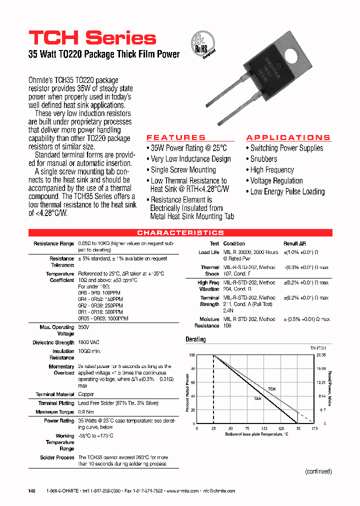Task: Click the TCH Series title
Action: click(x=92, y=38)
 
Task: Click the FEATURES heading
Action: click(x=176, y=137)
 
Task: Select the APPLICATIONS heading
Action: click(x=288, y=137)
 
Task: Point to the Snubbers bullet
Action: click(x=263, y=159)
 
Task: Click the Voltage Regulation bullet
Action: click(x=276, y=180)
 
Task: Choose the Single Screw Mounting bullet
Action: click(x=183, y=170)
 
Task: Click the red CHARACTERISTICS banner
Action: click(x=180, y=233)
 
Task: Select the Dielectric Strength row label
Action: click(x=53, y=342)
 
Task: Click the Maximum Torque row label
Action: click(x=55, y=412)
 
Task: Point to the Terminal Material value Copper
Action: click(x=86, y=394)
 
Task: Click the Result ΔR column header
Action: click(x=294, y=243)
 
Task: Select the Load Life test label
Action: click(x=208, y=252)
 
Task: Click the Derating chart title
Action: click(x=195, y=339)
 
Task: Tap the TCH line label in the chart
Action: click(x=271, y=388)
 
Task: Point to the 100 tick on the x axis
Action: click(x=264, y=429)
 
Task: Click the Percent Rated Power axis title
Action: click(x=188, y=390)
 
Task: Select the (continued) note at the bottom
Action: click(x=318, y=471)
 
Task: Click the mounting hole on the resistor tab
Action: click(x=279, y=54)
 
